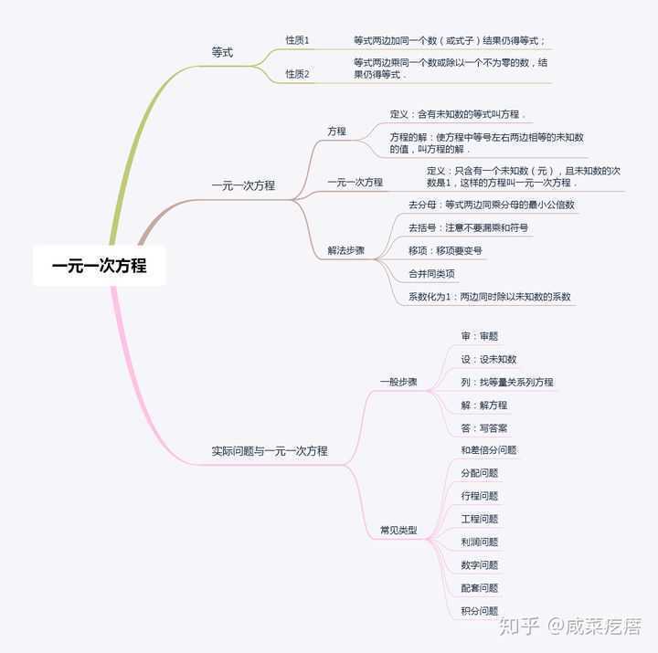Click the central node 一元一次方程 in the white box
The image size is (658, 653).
(99, 266)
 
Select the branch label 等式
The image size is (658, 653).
(222, 52)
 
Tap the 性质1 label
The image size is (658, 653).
(297, 40)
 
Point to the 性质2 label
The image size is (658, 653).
(297, 74)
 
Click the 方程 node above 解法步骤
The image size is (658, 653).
(336, 132)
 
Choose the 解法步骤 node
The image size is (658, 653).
(345, 251)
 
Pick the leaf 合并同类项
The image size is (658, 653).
(431, 274)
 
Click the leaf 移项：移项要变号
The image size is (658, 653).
(445, 251)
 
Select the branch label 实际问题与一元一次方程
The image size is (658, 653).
(270, 451)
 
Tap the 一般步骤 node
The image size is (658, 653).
(398, 382)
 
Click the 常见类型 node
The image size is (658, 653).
(398, 530)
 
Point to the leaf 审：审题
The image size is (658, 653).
(479, 336)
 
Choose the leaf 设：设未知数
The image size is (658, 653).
(488, 360)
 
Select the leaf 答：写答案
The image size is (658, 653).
(483, 428)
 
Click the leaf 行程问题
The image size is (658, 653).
(479, 496)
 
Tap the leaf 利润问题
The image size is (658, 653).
(479, 542)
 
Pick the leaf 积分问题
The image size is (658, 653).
(479, 611)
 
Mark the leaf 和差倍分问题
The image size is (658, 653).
(488, 450)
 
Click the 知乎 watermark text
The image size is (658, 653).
(519, 627)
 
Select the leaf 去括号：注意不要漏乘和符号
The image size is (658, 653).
(468, 227)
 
